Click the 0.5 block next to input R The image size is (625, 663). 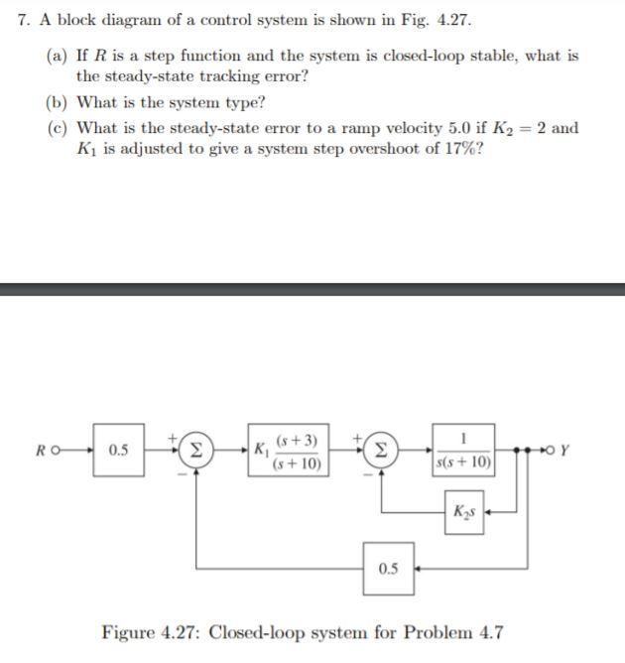pos(119,450)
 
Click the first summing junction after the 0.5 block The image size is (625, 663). pos(195,450)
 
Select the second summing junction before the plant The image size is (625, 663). pos(381,450)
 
